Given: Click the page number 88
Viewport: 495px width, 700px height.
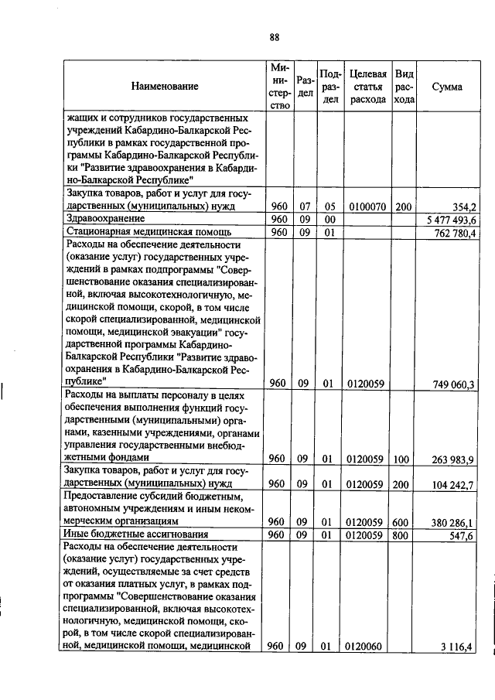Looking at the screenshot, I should point(274,37).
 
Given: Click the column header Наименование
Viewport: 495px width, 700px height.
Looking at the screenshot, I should point(164,87).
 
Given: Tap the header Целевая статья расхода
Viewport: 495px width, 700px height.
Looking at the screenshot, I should point(367,87).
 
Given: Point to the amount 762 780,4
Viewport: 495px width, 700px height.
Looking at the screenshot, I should point(455,233).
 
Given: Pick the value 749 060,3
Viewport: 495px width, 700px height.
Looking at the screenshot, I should point(455,384).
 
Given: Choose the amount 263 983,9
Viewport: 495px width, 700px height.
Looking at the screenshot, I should point(455,460).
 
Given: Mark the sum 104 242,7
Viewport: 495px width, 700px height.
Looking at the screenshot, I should point(455,485).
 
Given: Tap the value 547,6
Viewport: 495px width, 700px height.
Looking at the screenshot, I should point(463,535).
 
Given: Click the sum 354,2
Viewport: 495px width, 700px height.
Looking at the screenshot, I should point(463,207).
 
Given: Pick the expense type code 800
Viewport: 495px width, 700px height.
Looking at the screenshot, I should point(402,535).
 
